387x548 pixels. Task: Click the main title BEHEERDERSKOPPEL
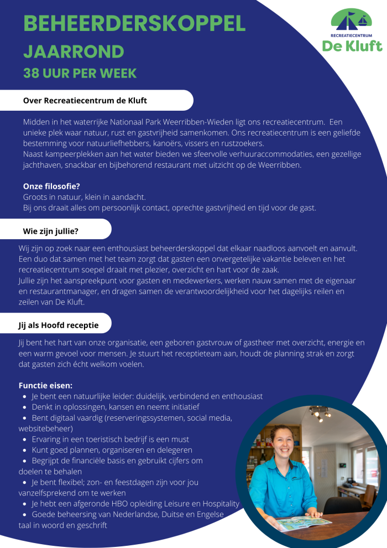click(x=134, y=23)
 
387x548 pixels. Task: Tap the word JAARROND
click(x=74, y=51)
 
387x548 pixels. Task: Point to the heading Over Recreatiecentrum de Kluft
click(x=85, y=101)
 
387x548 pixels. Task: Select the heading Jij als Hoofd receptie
click(x=59, y=325)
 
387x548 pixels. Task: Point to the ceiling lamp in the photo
click(x=319, y=412)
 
